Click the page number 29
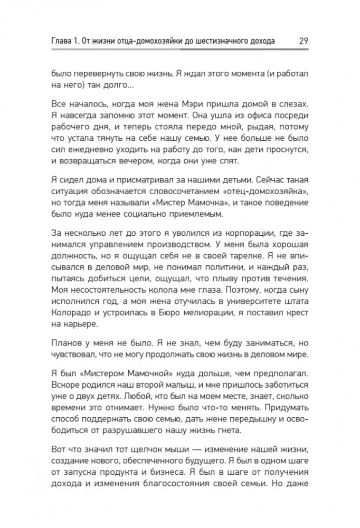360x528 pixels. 303,40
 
